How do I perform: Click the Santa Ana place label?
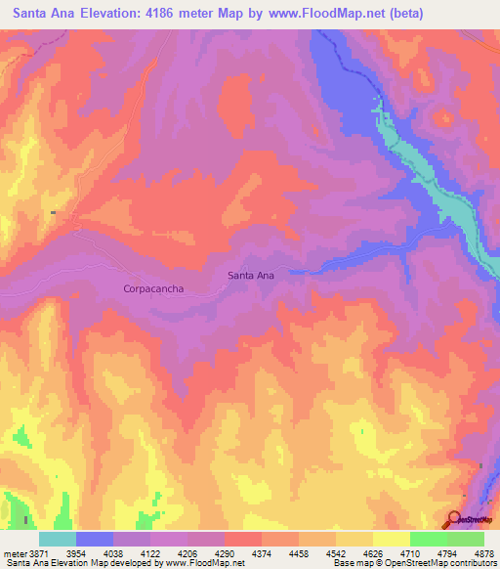pos(251,275)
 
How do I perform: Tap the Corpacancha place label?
pos(154,288)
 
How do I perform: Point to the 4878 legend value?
pos(482,553)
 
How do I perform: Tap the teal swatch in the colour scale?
pos(58,539)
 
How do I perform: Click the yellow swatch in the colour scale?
pos(392,539)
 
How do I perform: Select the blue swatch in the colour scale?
pos(95,539)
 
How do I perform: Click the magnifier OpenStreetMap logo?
pos(455,519)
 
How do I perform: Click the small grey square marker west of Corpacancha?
pos(55,212)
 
